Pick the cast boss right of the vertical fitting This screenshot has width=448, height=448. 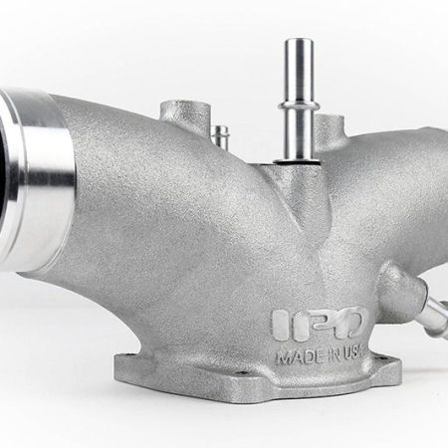pos(354,127)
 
